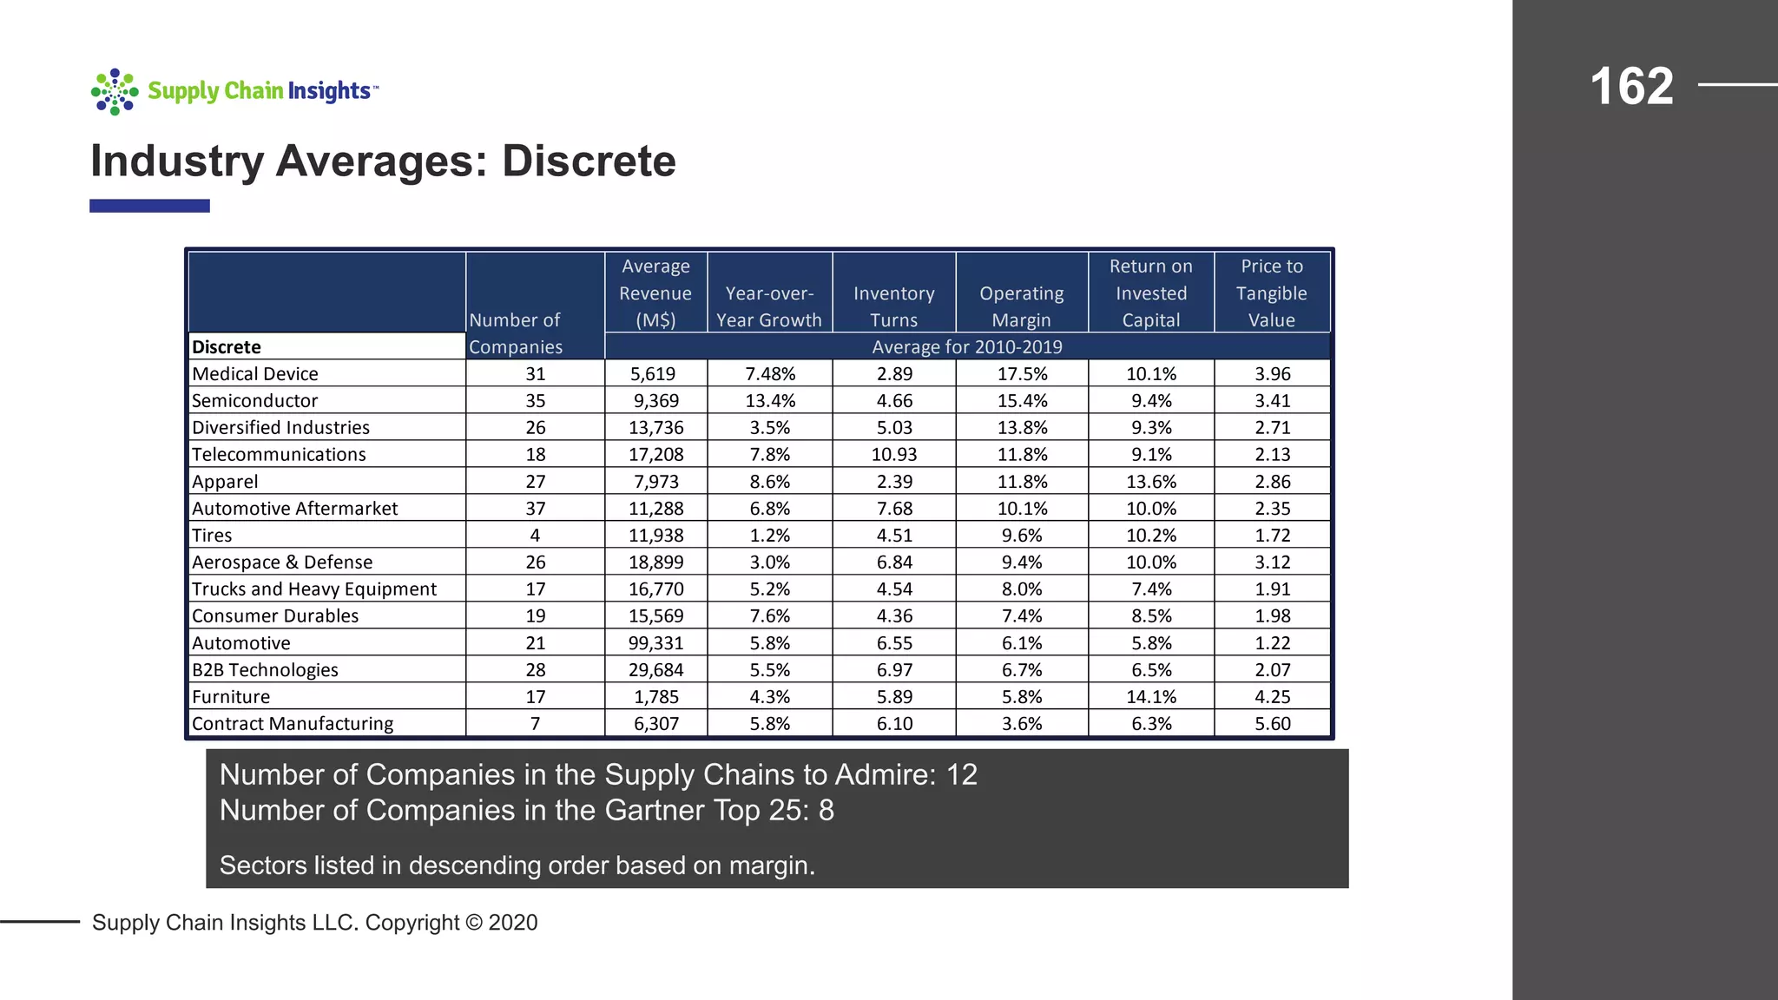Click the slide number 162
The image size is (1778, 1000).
point(1631,86)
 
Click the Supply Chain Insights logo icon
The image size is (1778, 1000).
point(115,92)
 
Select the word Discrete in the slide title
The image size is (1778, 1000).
point(589,161)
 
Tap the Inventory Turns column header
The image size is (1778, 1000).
point(893,306)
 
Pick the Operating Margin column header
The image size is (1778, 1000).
point(1021,306)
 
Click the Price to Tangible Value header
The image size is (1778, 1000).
point(1271,293)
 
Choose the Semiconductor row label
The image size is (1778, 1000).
point(254,401)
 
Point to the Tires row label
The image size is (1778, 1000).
point(212,536)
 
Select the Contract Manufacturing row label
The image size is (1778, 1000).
point(293,724)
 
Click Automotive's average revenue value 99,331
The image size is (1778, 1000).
point(655,643)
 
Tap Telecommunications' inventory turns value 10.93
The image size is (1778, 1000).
point(893,455)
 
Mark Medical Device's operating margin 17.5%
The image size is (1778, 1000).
point(1021,374)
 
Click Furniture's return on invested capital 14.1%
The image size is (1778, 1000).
point(1150,697)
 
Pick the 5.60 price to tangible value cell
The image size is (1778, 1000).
point(1272,724)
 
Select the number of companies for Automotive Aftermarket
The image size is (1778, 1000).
point(535,509)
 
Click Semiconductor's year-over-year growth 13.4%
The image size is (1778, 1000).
point(769,401)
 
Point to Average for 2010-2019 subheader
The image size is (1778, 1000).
point(966,347)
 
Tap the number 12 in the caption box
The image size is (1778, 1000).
point(962,774)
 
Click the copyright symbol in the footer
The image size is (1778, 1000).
point(473,923)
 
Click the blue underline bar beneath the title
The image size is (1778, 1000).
point(149,206)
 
